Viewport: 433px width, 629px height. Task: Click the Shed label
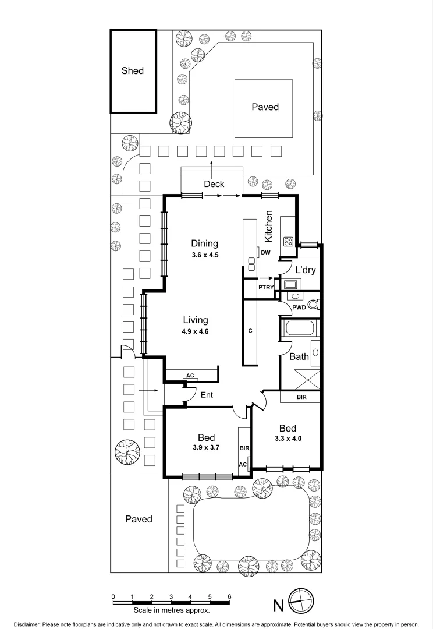pyautogui.click(x=132, y=71)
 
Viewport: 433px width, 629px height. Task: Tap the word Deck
pyautogui.click(x=214, y=184)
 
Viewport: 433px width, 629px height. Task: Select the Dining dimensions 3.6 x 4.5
pyautogui.click(x=204, y=255)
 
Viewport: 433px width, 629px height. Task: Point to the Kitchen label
pyautogui.click(x=269, y=227)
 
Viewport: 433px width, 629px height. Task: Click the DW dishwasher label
pyautogui.click(x=265, y=252)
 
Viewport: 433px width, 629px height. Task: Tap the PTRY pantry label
pyautogui.click(x=250, y=288)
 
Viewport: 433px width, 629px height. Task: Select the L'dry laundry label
pyautogui.click(x=306, y=270)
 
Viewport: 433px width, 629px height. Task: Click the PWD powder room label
pyautogui.click(x=299, y=307)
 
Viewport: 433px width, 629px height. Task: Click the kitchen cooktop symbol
pyautogui.click(x=288, y=241)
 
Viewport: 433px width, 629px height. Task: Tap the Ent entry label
pyautogui.click(x=206, y=395)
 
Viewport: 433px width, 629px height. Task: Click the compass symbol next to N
pyautogui.click(x=301, y=602)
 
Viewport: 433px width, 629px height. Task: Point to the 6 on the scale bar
pyautogui.click(x=230, y=596)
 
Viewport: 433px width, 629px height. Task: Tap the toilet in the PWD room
pyautogui.click(x=313, y=304)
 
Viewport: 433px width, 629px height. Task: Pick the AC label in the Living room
pyautogui.click(x=190, y=376)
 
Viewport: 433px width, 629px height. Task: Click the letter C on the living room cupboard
pyautogui.click(x=250, y=331)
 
